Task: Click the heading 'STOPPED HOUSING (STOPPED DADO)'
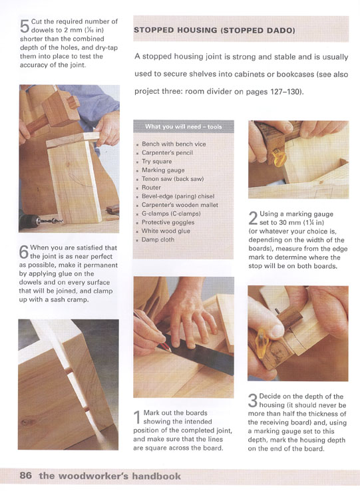coord(214,31)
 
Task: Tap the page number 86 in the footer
coord(26,476)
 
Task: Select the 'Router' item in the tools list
coord(151,188)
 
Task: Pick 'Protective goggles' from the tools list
coord(168,222)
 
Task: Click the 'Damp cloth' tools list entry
coord(158,240)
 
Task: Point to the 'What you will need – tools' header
coord(183,127)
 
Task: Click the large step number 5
coord(25,26)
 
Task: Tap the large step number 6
coord(24,251)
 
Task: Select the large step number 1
coord(137,417)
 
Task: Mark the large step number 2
coord(253,218)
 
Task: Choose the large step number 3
coord(253,401)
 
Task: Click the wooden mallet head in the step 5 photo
coord(60,107)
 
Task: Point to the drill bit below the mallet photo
coord(50,222)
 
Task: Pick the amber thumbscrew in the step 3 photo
coord(262,343)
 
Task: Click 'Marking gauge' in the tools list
coord(163,170)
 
